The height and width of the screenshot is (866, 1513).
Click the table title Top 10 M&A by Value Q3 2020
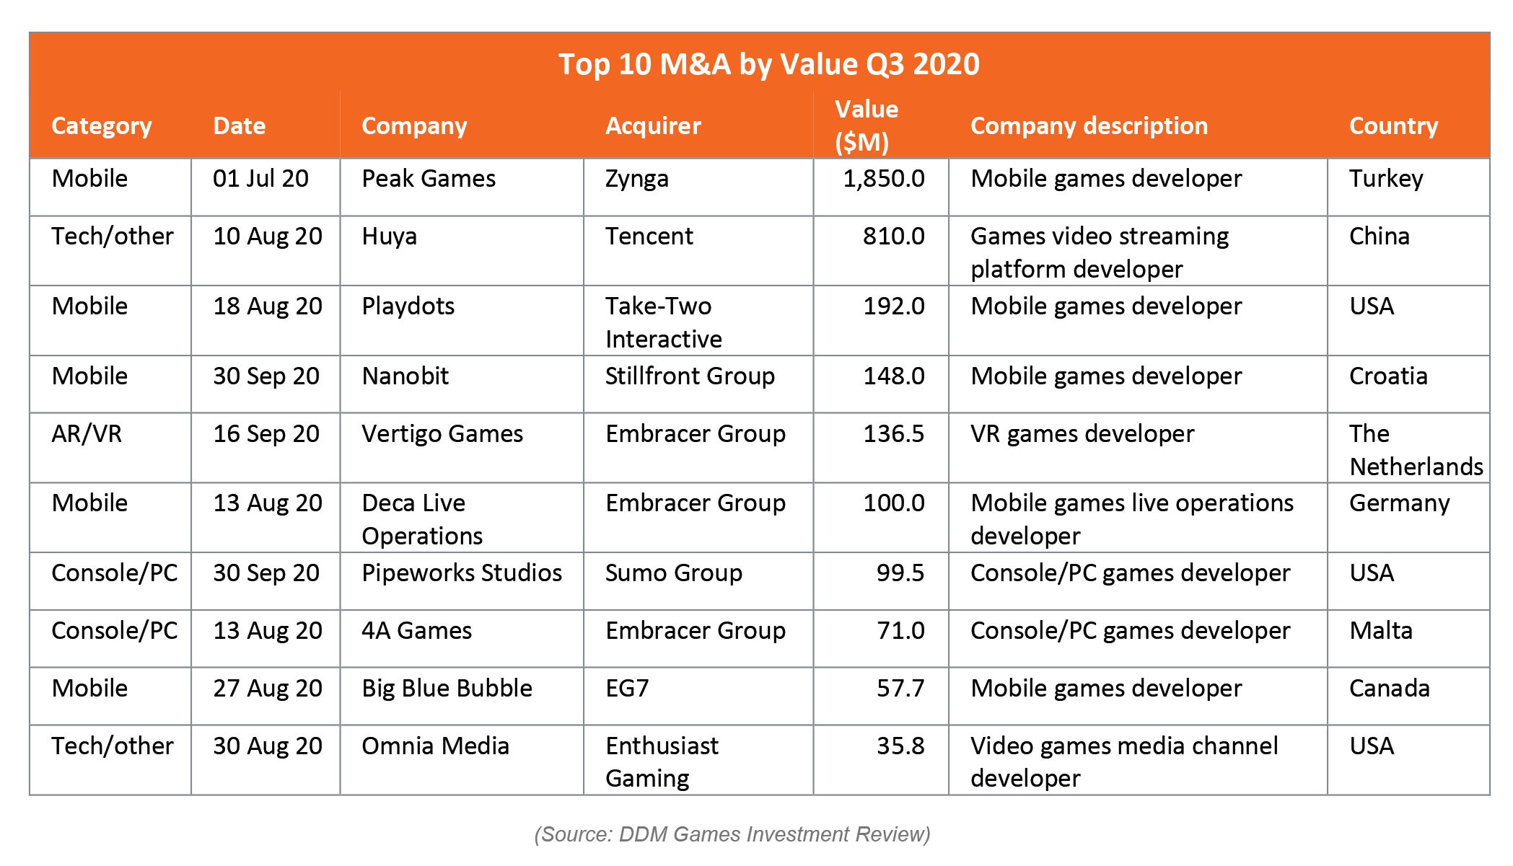click(x=769, y=64)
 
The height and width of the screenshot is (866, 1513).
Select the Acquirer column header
click(x=653, y=125)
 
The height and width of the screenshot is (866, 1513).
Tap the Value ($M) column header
click(x=867, y=125)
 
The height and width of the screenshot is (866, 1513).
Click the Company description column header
click(x=1089, y=125)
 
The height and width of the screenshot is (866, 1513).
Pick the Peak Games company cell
click(x=429, y=178)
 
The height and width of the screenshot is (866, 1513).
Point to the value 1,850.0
click(x=884, y=179)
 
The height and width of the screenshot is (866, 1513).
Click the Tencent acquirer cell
click(x=649, y=236)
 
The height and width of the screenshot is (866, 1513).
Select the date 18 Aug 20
click(x=268, y=306)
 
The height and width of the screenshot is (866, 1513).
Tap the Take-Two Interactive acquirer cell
click(x=663, y=322)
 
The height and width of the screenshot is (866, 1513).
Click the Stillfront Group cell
click(x=690, y=376)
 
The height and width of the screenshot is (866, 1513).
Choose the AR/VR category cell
click(x=87, y=433)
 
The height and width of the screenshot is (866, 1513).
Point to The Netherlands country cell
click(x=1416, y=450)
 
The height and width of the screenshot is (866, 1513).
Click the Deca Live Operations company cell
click(x=422, y=519)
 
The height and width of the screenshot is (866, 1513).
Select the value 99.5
click(x=900, y=573)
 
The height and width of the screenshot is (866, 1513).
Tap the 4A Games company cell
click(x=416, y=630)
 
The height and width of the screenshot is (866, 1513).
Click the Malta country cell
click(x=1381, y=630)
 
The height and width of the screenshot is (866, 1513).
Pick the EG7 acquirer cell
click(x=627, y=688)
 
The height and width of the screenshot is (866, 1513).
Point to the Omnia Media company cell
click(x=435, y=746)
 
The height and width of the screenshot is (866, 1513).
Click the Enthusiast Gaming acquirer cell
click(x=662, y=761)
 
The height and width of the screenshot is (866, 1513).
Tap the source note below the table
click(x=732, y=834)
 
